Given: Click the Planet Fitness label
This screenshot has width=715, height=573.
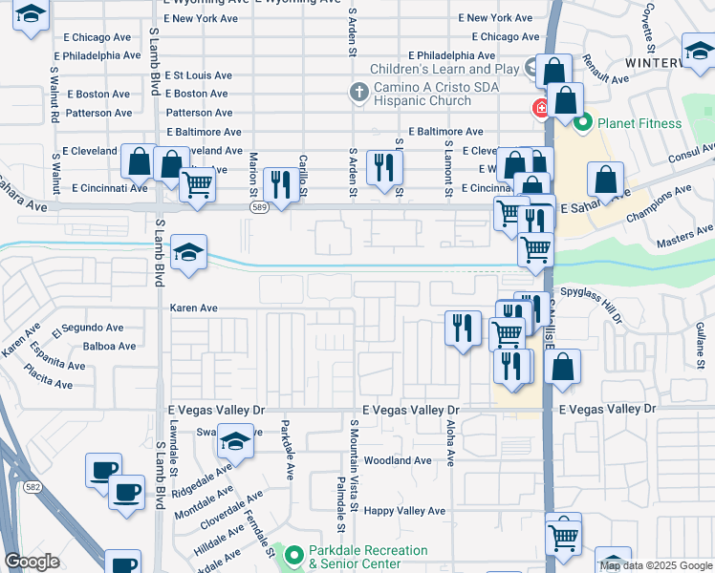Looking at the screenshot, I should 639,123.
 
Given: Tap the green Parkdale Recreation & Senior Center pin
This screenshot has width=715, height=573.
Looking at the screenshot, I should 292,554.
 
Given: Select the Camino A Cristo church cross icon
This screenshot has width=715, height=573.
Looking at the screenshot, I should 358,93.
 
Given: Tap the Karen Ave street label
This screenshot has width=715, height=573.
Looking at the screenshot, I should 194,308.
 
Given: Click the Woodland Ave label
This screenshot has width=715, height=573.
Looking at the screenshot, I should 398,460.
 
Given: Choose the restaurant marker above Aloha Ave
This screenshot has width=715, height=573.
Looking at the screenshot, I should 463,328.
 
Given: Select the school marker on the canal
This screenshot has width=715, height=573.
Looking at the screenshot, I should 188,253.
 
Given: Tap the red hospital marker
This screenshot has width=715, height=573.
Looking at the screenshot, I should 541,109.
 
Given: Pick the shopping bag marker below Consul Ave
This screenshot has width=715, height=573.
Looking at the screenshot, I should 605,179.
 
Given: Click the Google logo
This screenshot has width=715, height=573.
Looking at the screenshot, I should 32,562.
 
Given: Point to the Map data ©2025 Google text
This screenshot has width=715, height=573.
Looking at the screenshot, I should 655,565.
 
